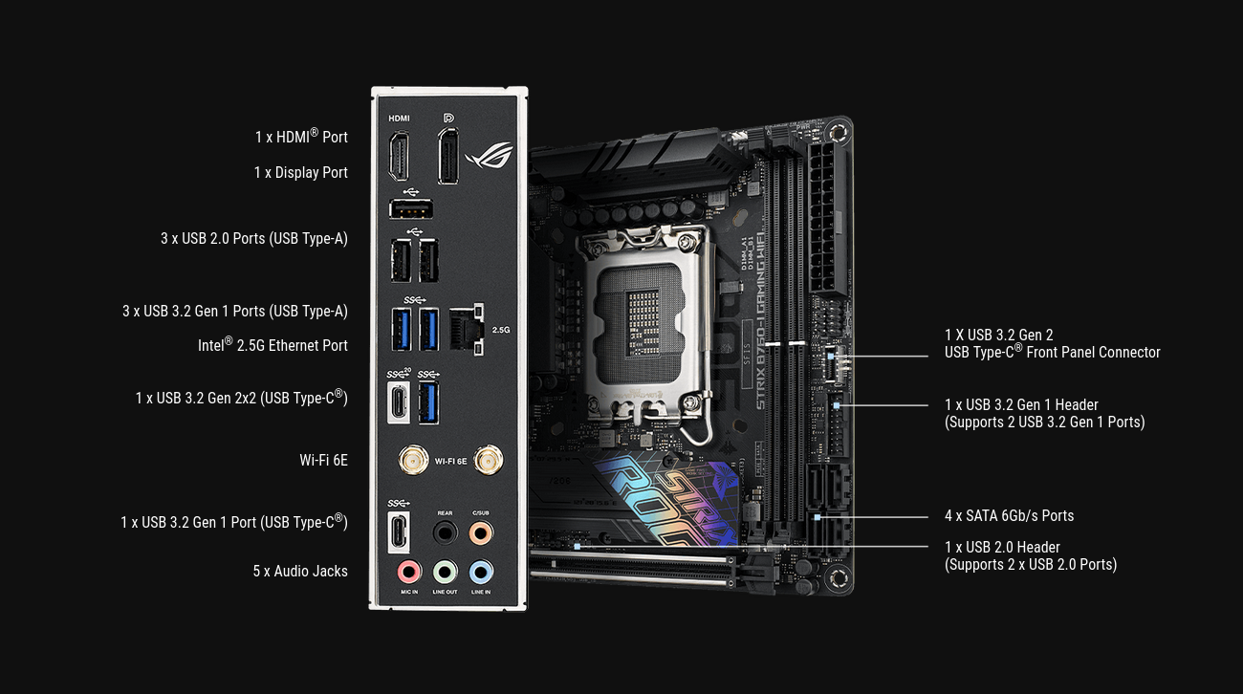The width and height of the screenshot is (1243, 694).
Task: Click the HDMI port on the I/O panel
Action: pos(399,156)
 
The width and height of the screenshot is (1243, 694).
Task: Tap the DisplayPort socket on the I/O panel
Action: pos(447,156)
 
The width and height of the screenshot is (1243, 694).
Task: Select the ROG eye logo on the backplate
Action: pos(490,155)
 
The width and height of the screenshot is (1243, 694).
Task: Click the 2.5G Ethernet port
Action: pos(467,329)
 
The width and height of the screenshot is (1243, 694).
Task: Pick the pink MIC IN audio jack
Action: pos(409,572)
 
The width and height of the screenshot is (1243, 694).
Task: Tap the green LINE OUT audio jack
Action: pos(445,572)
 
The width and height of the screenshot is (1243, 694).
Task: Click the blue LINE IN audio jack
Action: pos(481,572)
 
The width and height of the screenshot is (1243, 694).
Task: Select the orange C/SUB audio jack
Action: pos(481,533)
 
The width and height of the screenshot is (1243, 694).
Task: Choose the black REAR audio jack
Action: pos(445,533)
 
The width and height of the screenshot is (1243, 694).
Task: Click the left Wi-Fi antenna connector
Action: pos(413,461)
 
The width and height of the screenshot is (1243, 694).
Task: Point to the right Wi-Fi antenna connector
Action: pos(489,461)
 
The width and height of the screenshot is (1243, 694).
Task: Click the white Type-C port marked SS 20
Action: pos(399,402)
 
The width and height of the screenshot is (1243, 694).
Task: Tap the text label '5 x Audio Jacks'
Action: pos(300,572)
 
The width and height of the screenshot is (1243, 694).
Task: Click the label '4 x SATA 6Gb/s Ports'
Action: pos(1010,516)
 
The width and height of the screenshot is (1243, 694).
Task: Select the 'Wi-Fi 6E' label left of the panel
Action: pos(323,461)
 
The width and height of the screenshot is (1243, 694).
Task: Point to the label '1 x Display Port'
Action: pos(301,172)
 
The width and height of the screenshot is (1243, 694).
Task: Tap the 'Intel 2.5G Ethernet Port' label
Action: pos(273,344)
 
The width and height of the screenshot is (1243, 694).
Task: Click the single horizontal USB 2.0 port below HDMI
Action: pos(411,209)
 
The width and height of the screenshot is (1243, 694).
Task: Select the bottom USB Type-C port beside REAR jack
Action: pos(399,532)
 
